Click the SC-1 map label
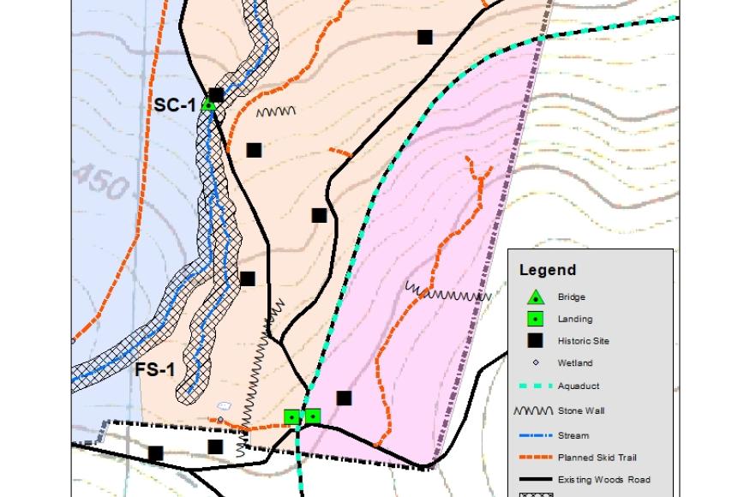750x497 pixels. (x=175, y=105)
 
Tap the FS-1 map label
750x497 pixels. (x=154, y=371)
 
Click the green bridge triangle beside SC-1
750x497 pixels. (x=207, y=105)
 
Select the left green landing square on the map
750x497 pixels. (x=293, y=417)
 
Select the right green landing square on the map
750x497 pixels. (x=313, y=416)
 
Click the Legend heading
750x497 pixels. (x=548, y=271)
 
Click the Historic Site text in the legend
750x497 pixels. (x=583, y=341)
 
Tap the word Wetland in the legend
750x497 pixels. (x=574, y=363)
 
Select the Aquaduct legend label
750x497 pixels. (x=579, y=386)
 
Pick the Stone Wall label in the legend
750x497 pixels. (x=581, y=411)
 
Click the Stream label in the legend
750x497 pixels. (x=573, y=435)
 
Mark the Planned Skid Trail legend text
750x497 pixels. (x=597, y=458)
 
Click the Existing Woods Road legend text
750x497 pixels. (x=603, y=479)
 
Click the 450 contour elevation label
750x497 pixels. (x=101, y=182)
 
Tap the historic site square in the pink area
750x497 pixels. (x=344, y=398)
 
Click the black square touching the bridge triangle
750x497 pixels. (x=217, y=95)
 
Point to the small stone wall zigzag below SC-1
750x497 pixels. (x=276, y=112)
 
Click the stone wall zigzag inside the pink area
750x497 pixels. (x=447, y=295)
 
